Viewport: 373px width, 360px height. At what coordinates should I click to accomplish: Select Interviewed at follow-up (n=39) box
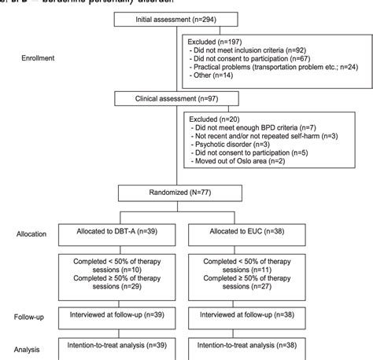[x=120, y=314]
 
